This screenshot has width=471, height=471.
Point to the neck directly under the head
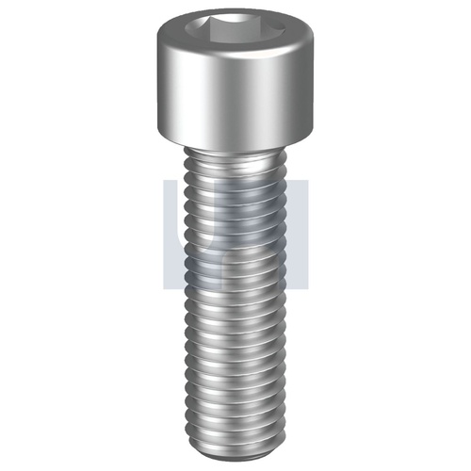pyautogui.click(x=235, y=156)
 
